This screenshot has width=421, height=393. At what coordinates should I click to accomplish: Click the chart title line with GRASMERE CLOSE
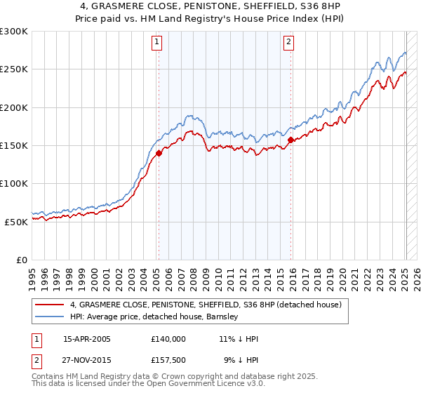(210, 6)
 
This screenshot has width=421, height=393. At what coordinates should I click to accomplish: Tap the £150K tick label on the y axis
(13, 145)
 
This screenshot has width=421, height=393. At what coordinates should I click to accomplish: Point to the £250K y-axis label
(13, 69)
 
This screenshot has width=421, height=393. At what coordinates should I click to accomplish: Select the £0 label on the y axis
(21, 260)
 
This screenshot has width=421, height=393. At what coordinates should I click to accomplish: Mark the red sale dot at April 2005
(159, 153)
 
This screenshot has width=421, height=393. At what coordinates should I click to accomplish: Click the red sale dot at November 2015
(290, 140)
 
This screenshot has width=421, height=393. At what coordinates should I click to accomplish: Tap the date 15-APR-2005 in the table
(87, 339)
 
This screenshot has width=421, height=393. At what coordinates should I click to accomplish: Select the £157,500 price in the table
(168, 361)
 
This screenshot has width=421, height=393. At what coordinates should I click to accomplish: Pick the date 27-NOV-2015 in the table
(87, 361)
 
